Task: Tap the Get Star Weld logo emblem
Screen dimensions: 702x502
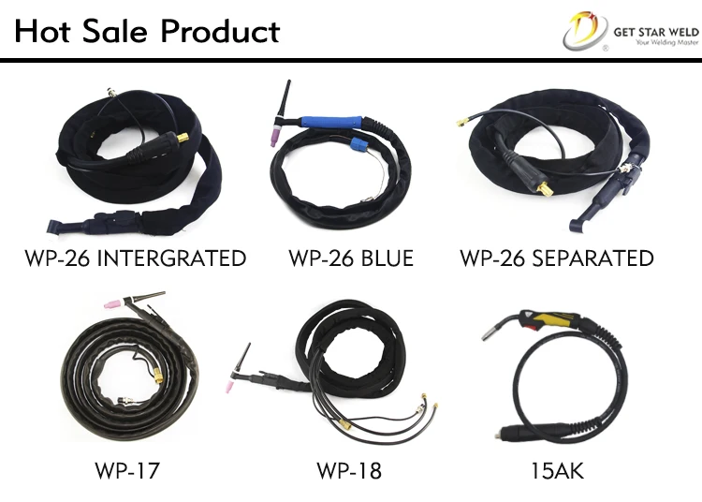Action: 583,31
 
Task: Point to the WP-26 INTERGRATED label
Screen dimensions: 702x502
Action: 137,258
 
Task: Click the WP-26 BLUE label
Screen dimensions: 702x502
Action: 350,258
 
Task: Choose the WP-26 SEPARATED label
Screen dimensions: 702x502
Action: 557,258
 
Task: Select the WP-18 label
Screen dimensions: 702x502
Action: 349,470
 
